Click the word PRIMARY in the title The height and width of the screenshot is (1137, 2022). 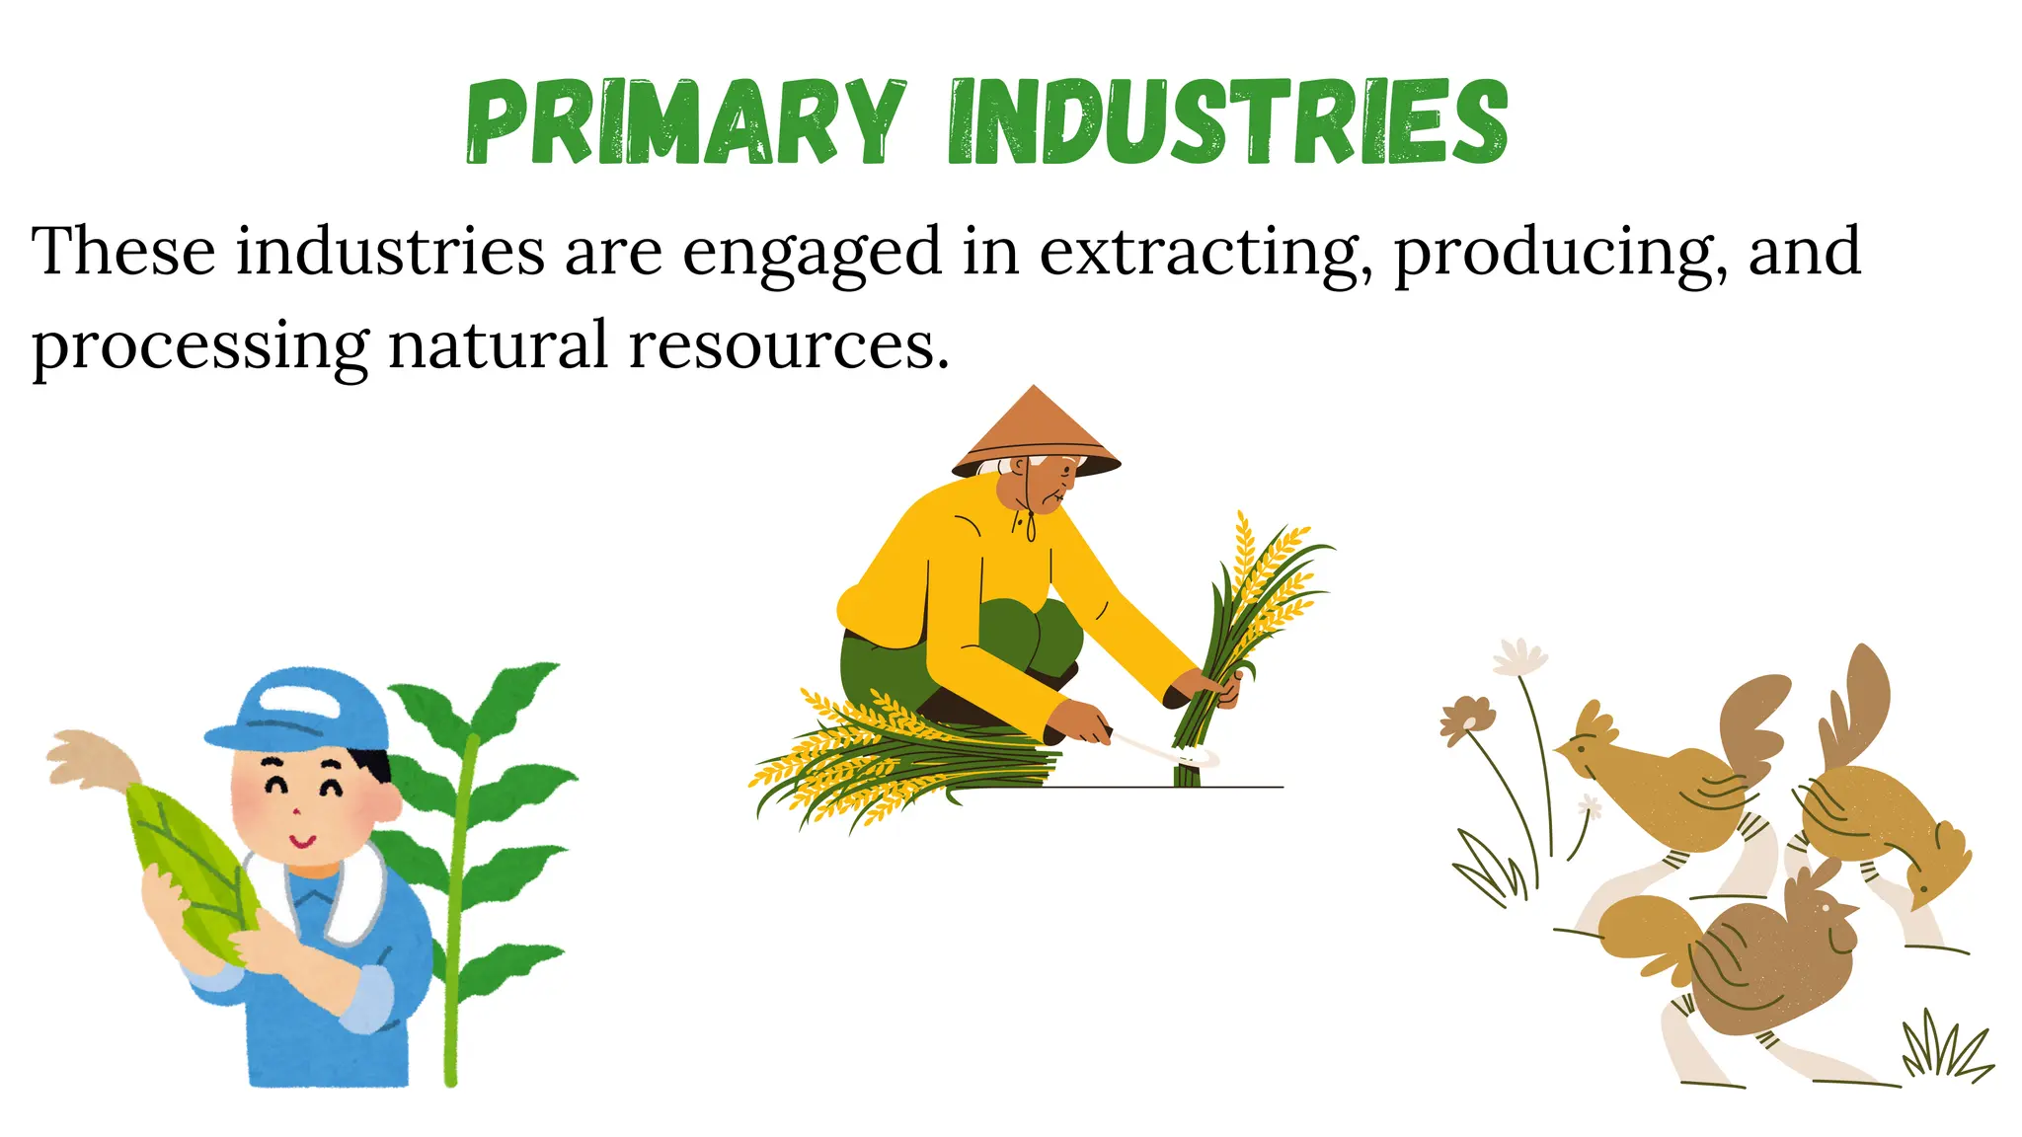(685, 122)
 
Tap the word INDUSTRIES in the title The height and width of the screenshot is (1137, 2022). (1228, 122)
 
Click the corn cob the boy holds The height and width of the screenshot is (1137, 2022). (193, 869)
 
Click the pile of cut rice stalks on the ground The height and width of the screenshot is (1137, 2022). (889, 765)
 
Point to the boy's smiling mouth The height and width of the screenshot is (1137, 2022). (302, 842)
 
